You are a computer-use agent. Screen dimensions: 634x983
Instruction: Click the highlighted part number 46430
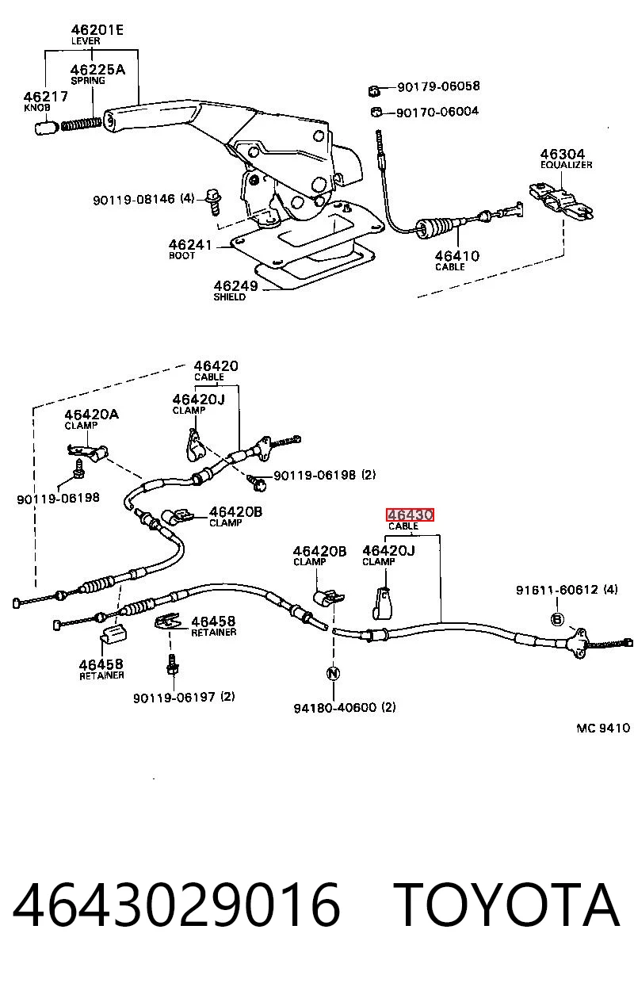[x=410, y=514]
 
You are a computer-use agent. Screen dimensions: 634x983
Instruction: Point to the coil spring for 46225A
[x=81, y=124]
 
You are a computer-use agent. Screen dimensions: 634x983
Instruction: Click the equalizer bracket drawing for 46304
[x=561, y=201]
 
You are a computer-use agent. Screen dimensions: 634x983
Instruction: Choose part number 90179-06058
[x=438, y=86]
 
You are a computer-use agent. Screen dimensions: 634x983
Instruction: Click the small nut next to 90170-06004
[x=376, y=113]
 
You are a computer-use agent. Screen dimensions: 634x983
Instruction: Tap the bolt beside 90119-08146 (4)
[x=214, y=202]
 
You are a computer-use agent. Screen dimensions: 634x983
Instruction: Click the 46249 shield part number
[x=235, y=285]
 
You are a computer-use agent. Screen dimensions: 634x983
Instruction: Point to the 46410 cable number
[x=456, y=255]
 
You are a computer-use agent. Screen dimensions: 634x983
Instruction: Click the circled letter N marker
[x=334, y=673]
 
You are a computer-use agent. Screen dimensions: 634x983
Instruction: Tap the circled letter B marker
[x=557, y=619]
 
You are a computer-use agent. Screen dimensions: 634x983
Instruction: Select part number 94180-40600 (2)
[x=345, y=707]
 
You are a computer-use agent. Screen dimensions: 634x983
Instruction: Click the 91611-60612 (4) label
[x=567, y=589]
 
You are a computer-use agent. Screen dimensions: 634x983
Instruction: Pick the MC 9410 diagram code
[x=603, y=728]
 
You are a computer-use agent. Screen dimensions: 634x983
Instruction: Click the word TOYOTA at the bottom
[x=506, y=905]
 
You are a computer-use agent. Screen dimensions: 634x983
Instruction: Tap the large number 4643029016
[x=177, y=905]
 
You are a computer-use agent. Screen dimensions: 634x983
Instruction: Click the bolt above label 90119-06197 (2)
[x=173, y=665]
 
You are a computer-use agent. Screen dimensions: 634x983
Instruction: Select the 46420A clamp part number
[x=91, y=415]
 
